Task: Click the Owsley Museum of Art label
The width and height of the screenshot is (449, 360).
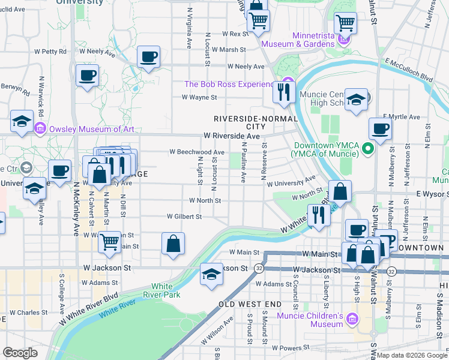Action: pyautogui.click(x=92, y=129)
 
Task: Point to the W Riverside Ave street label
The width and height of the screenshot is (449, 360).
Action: pyautogui.click(x=231, y=137)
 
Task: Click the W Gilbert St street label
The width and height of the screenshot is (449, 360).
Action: pyautogui.click(x=184, y=216)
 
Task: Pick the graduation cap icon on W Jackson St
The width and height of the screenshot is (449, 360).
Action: pyautogui.click(x=211, y=274)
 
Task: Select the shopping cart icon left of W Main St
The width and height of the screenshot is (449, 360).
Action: pyautogui.click(x=109, y=241)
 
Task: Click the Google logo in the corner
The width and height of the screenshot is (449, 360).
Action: pyautogui.click(x=20, y=353)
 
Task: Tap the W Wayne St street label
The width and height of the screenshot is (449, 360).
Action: pyautogui.click(x=199, y=97)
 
